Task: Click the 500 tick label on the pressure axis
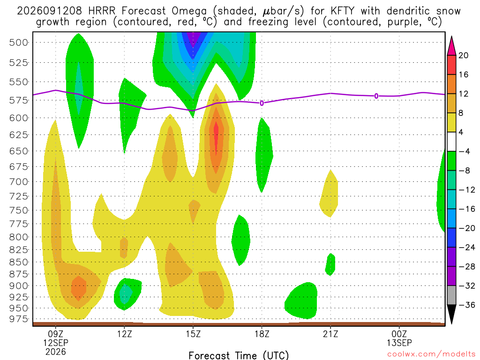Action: coord(18,43)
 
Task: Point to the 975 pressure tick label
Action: coord(18,319)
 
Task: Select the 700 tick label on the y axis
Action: coord(18,182)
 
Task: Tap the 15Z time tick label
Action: coord(193,334)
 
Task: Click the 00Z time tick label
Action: coord(399,334)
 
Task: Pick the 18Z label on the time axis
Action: coord(262,334)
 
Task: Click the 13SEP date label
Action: coord(399,343)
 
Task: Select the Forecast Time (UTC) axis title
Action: coord(239,355)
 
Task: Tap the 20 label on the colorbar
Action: coord(463,55)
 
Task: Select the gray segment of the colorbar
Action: coord(451,295)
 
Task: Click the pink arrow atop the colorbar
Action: coord(451,46)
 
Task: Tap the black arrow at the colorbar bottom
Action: coord(451,314)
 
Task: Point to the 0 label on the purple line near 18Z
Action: coord(262,103)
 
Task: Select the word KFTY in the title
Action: coord(342,11)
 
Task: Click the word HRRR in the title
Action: coord(102,11)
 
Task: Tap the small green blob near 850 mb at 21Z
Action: coord(330,264)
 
